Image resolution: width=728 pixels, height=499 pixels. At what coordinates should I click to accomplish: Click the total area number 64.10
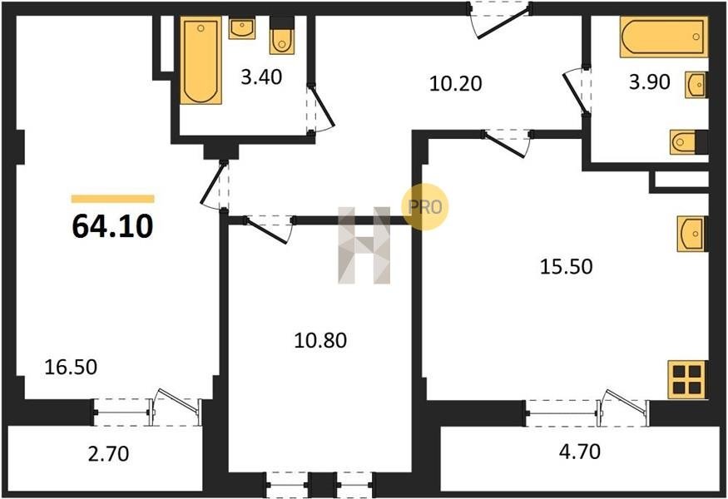[113, 226]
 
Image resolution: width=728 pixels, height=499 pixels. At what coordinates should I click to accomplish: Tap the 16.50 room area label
[71, 367]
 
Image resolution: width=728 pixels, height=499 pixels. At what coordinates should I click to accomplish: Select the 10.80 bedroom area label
[320, 341]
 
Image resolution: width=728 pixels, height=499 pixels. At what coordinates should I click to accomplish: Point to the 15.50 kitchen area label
[567, 267]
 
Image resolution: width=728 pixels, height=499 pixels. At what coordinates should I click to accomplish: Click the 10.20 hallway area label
[456, 84]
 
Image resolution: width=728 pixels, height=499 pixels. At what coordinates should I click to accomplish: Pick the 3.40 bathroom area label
[261, 77]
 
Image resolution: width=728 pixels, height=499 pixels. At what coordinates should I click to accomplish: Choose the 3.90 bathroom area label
[650, 82]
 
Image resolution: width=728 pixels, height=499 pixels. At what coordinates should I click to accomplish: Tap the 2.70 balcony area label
[109, 454]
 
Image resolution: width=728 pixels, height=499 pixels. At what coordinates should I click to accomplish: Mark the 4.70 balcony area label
[580, 452]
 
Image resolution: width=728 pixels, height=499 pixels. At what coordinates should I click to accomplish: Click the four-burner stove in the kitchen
[687, 379]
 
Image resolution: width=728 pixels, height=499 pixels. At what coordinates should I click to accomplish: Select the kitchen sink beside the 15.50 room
[691, 234]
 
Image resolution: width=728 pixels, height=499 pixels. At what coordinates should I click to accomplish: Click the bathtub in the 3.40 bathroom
[201, 61]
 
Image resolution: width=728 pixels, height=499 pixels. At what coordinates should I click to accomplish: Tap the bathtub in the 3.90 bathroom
[664, 37]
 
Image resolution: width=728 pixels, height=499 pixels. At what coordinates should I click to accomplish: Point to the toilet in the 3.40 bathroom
[282, 37]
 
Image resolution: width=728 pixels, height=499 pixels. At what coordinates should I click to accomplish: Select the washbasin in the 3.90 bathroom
[696, 85]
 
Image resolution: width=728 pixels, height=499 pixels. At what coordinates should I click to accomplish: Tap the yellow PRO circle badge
[425, 206]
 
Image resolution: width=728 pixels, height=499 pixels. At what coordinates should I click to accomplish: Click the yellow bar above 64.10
[113, 199]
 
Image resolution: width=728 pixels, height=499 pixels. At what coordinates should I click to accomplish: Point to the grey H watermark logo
[364, 245]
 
